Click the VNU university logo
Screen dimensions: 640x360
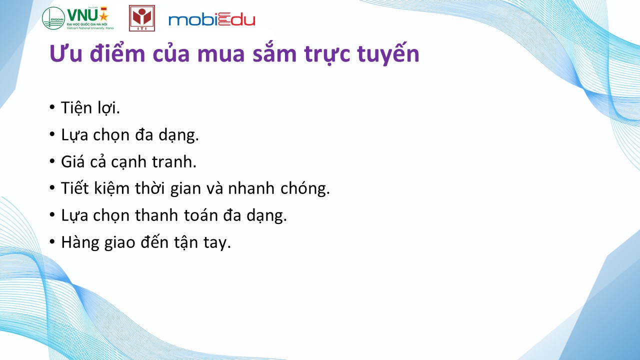[78, 18]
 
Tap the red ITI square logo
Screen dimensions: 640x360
[142, 18]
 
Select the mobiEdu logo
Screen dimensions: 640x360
[211, 20]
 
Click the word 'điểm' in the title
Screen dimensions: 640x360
[117, 53]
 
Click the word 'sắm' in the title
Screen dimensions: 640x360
[274, 53]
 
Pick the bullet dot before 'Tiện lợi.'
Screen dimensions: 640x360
[52, 107]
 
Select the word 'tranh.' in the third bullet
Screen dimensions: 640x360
[174, 161]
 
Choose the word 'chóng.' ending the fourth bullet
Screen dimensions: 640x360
[305, 189]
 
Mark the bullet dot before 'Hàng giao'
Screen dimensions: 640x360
[52, 241]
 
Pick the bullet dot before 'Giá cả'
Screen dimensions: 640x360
[52, 161]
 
